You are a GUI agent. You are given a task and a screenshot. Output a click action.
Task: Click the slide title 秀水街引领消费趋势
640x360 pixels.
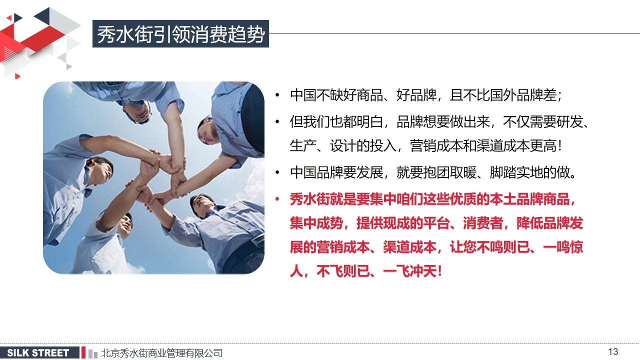(180, 34)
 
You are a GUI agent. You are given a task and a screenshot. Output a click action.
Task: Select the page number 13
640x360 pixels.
(613, 351)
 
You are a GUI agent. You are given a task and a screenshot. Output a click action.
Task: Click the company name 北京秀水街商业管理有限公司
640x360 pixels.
(161, 353)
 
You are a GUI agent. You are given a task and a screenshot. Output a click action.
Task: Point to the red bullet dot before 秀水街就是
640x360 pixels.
(277, 199)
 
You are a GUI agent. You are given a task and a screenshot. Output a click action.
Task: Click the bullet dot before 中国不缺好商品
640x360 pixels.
(277, 95)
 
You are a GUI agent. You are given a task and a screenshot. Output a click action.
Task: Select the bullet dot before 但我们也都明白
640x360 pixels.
(277, 122)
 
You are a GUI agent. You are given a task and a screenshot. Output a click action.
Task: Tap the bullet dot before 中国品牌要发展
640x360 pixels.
(277, 172)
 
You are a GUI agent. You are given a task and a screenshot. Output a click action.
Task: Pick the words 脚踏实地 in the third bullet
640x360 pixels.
(516, 172)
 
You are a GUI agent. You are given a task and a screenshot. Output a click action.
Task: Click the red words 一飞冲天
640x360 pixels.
(409, 271)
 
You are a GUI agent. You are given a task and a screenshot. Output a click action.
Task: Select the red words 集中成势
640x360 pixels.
(316, 223)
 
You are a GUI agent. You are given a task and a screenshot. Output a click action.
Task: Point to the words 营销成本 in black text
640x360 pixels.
(436, 146)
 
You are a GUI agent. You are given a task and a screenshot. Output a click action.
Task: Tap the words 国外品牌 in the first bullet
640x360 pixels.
(516, 95)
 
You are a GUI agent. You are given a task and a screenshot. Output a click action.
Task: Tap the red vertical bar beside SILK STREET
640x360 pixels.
(83, 352)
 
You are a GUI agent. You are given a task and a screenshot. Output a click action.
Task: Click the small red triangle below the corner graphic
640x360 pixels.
(17, 76)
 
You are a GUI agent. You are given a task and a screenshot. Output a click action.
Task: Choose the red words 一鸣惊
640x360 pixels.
(562, 247)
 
